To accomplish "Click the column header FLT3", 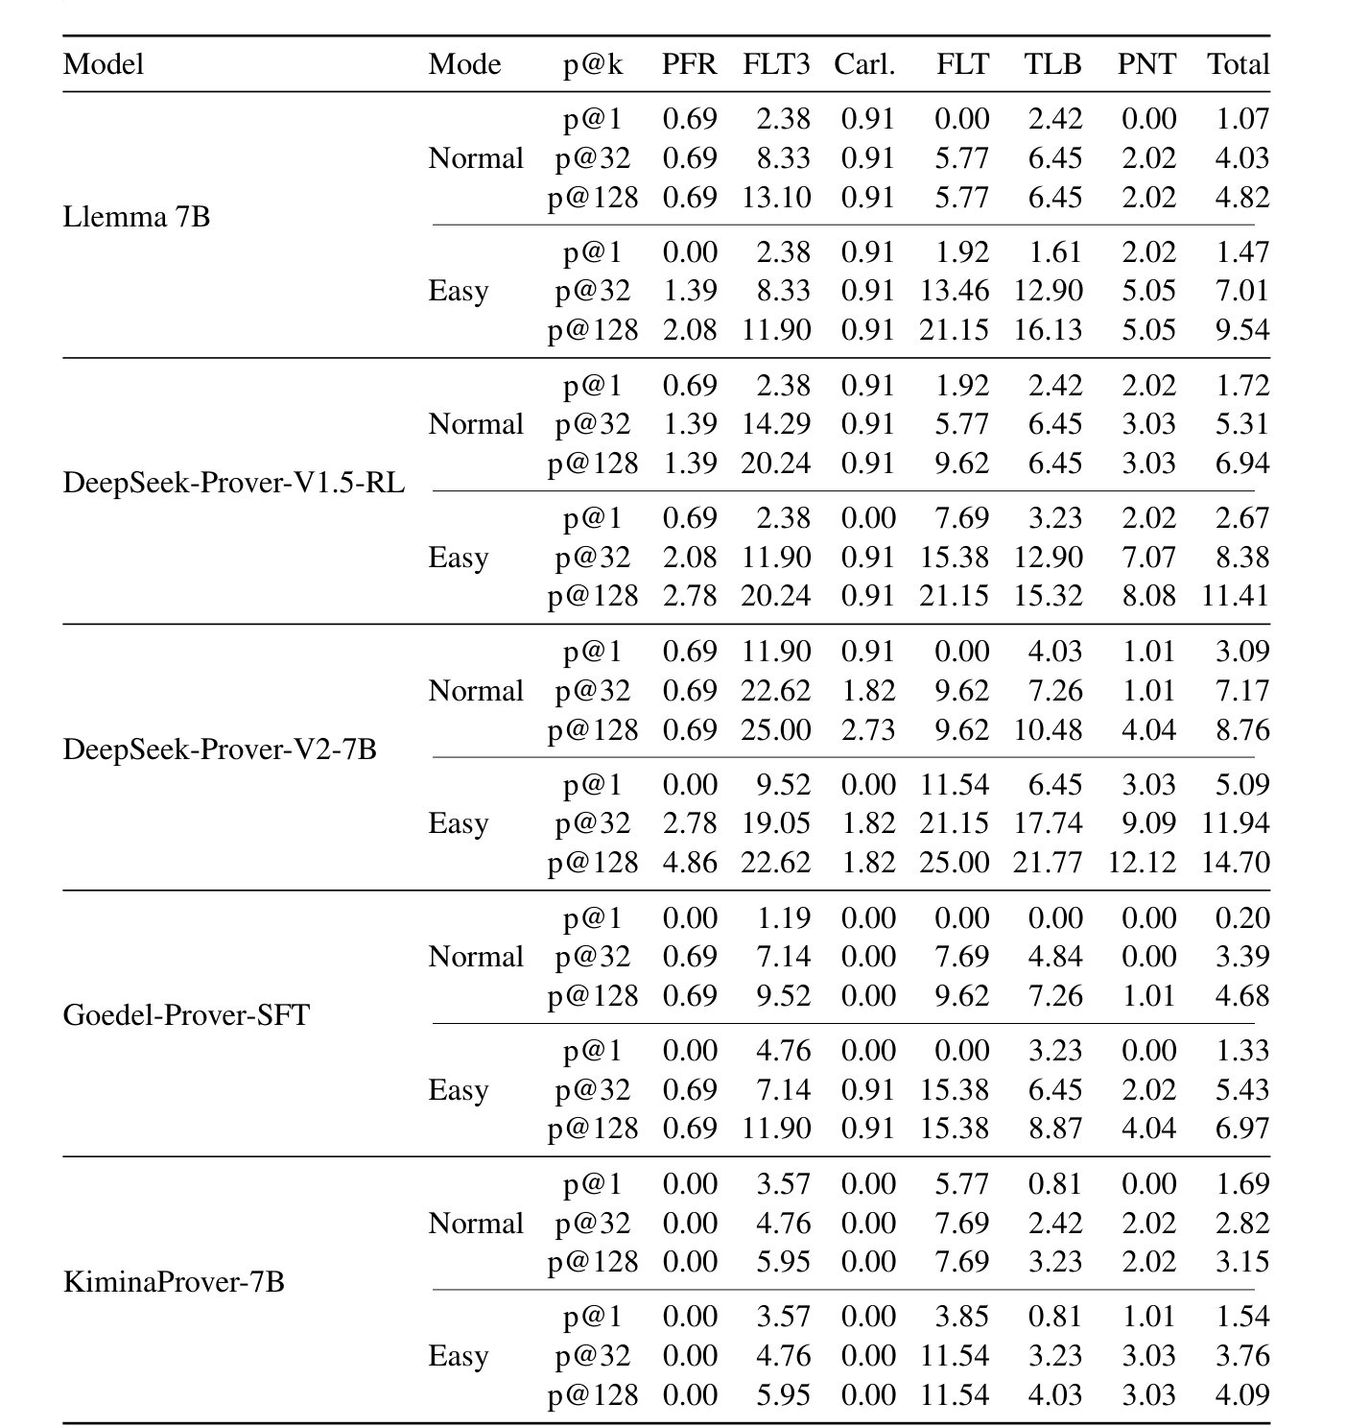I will [x=775, y=64].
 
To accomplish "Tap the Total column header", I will [x=1238, y=64].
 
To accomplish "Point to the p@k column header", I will [x=592, y=64].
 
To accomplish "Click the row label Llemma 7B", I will [x=136, y=217].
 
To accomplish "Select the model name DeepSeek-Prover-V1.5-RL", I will [x=233, y=483].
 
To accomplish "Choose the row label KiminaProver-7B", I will [x=174, y=1281].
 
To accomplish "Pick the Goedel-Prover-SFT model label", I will [x=186, y=1014].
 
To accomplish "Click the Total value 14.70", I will [x=1236, y=862].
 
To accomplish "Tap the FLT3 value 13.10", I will [x=775, y=197].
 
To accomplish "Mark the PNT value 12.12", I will [x=1142, y=862].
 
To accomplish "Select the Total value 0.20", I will [x=1242, y=917].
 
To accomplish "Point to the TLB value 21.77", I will [x=1048, y=862].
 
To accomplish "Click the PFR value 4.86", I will [x=690, y=862].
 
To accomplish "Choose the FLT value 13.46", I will [x=954, y=290].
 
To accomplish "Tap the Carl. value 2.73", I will [x=867, y=729].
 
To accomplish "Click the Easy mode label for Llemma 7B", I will [x=458, y=291].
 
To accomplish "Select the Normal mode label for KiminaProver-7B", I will [x=476, y=1224].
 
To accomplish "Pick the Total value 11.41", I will [x=1236, y=595].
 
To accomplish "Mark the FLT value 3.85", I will [x=961, y=1316].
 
